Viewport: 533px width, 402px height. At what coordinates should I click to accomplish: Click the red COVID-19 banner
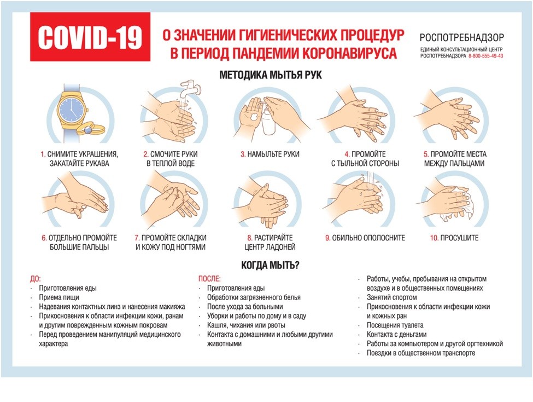click(x=90, y=37)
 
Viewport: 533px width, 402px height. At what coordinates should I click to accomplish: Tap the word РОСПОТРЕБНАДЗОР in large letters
click(x=461, y=37)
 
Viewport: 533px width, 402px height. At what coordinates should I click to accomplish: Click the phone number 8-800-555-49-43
click(x=486, y=56)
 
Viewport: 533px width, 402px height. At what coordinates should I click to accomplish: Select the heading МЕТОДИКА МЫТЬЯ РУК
click(x=271, y=75)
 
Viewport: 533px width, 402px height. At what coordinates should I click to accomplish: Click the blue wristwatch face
click(x=71, y=108)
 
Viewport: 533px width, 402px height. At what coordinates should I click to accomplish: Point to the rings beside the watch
click(x=91, y=129)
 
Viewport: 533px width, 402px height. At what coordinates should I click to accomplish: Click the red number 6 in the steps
click(x=44, y=238)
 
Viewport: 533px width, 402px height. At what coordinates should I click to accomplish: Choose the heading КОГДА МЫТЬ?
click(x=270, y=265)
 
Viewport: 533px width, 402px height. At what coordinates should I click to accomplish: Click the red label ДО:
click(x=36, y=279)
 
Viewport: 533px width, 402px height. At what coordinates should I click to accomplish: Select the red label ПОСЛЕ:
click(x=209, y=279)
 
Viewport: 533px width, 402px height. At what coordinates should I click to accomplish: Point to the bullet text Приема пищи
click(x=59, y=297)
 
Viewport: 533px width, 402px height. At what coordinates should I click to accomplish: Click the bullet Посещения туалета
click(x=395, y=325)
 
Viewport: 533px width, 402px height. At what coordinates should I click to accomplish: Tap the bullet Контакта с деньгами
click(x=397, y=335)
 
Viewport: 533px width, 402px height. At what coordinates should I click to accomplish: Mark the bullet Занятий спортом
click(x=391, y=297)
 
